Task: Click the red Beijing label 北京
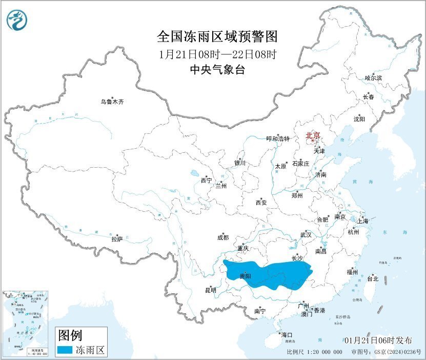pyautogui.click(x=313, y=136)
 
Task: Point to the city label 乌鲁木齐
pyautogui.click(x=112, y=102)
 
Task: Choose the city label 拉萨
pyautogui.click(x=117, y=238)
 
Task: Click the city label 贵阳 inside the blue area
pyautogui.click(x=246, y=276)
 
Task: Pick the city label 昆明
pyautogui.click(x=211, y=290)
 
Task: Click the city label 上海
pyautogui.click(x=363, y=221)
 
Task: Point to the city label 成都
pyautogui.click(x=223, y=237)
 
